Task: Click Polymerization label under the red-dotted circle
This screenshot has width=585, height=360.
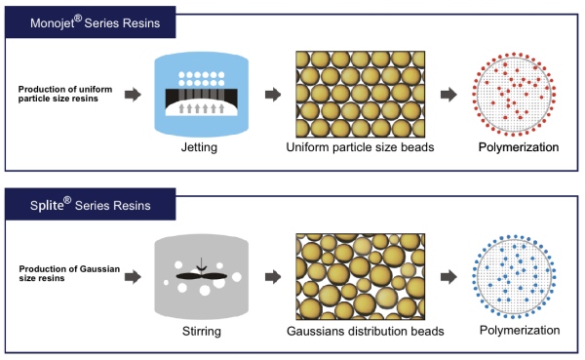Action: coord(518,148)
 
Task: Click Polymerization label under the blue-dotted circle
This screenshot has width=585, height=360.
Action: coord(518,330)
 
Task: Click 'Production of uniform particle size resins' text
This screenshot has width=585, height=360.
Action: coord(66,94)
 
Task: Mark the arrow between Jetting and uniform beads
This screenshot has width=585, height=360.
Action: coord(274,95)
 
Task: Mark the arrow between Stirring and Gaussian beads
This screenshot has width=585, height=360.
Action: coord(274,275)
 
